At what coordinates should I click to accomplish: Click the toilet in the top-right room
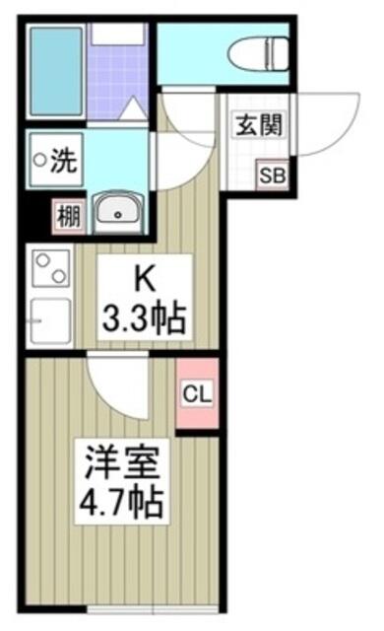[258, 52]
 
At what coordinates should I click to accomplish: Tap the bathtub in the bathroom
[56, 71]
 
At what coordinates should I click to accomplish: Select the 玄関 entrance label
[259, 125]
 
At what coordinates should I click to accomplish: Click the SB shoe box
[273, 175]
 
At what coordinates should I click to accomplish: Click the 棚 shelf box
[69, 217]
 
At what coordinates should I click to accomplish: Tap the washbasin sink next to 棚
[118, 213]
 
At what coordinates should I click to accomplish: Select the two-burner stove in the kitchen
[51, 268]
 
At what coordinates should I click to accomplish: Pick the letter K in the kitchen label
[145, 279]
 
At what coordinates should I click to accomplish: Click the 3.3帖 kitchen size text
[145, 318]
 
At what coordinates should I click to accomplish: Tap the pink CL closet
[197, 393]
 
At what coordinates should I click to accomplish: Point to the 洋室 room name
[122, 462]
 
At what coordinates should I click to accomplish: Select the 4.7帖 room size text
[121, 502]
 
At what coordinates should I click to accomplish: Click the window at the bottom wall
[153, 609]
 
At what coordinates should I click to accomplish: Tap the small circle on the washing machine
[39, 160]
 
